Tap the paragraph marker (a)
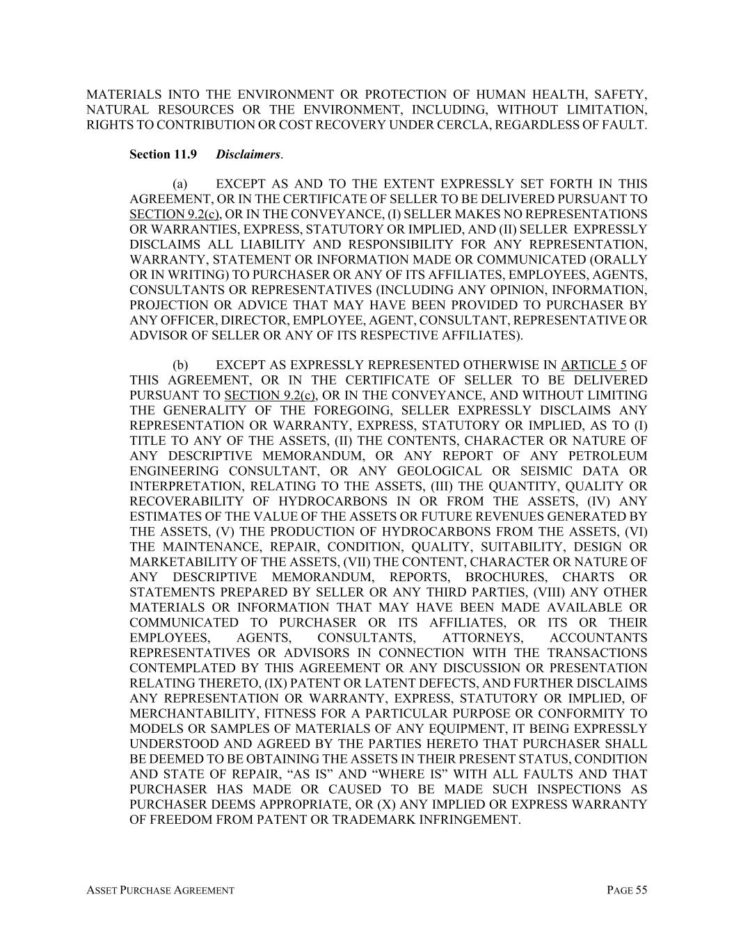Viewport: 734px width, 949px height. click(x=180, y=184)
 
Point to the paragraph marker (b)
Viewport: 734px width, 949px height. click(x=180, y=365)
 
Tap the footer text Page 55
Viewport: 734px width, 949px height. click(x=627, y=890)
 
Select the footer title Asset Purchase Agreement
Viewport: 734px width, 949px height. click(x=160, y=890)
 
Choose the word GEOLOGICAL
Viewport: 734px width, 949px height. click(x=450, y=471)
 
